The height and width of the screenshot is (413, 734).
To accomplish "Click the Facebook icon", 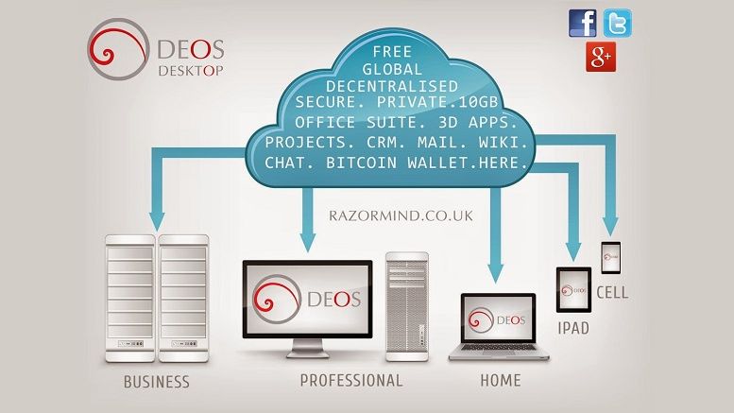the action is (x=582, y=23).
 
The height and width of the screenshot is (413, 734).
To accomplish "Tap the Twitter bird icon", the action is (x=618, y=23).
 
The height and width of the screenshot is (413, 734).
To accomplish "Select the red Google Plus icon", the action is (x=601, y=57).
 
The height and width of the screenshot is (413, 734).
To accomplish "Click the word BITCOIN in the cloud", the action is (x=362, y=163).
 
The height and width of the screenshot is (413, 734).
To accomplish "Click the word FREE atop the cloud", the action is (x=392, y=52).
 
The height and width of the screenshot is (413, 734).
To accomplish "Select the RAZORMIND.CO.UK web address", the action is (x=401, y=215).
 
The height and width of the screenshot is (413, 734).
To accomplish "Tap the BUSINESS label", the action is (x=157, y=382).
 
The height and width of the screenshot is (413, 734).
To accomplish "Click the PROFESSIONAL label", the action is (x=351, y=380).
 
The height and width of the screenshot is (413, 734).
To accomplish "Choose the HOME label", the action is (x=501, y=380).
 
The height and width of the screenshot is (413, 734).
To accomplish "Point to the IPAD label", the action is (x=573, y=328).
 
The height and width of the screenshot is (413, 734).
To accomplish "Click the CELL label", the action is (x=612, y=293).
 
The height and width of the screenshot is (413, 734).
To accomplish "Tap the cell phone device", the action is (x=611, y=258).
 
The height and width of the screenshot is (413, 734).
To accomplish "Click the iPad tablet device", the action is (x=573, y=290).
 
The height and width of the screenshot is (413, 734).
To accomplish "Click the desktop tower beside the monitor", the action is (x=407, y=307).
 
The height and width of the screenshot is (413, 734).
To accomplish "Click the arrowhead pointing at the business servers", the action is (x=157, y=221).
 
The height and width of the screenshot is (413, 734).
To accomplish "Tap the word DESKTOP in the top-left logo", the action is (x=191, y=71).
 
